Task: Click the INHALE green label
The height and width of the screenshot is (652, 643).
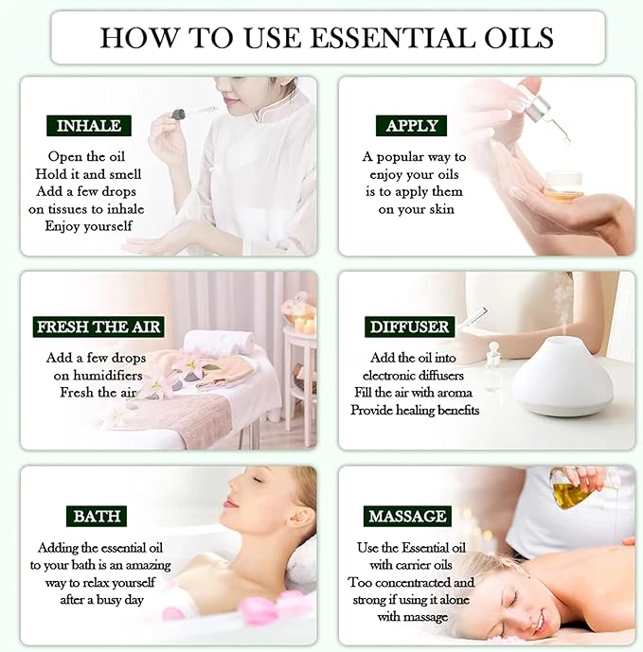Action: click(88, 126)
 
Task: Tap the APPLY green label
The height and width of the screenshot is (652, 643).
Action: click(412, 126)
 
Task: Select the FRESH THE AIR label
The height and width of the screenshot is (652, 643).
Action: click(99, 326)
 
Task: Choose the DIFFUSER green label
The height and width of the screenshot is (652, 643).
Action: click(410, 326)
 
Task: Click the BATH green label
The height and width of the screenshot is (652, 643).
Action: click(96, 516)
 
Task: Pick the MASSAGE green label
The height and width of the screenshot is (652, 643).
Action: click(406, 516)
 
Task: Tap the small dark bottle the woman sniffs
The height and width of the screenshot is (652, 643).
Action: click(178, 115)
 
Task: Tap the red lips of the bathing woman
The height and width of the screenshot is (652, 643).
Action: click(230, 502)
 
